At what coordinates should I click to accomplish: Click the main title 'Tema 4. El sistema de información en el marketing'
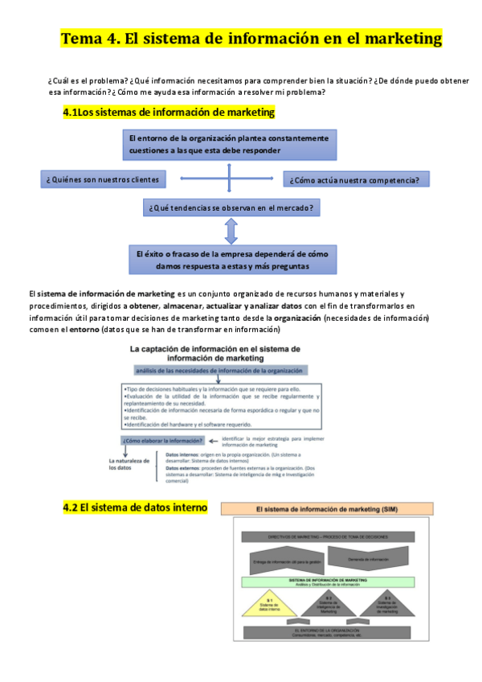[251, 39]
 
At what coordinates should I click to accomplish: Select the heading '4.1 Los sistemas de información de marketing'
[169, 113]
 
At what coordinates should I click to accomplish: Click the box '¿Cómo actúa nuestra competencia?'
[356, 179]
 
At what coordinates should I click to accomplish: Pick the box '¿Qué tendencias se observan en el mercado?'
[231, 207]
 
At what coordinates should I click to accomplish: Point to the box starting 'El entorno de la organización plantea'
[230, 144]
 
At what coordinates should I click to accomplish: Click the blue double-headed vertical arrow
[231, 232]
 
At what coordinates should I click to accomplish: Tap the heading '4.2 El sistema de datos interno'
[135, 507]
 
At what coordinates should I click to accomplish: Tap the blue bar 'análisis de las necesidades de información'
[219, 371]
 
